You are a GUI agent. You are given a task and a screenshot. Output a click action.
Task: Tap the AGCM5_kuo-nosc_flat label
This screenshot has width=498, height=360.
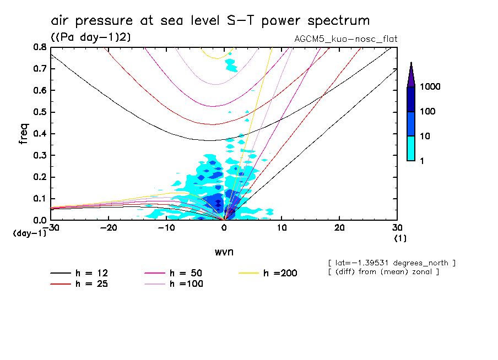tap(347, 39)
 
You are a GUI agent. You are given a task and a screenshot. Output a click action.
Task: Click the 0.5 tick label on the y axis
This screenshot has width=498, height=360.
tap(40, 112)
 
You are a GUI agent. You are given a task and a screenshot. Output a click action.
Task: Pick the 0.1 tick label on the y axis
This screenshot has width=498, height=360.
tap(40, 199)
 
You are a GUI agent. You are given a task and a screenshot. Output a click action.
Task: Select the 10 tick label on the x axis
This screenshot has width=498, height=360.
tap(282, 228)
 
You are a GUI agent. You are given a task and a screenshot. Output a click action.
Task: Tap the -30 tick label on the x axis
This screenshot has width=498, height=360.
tap(51, 228)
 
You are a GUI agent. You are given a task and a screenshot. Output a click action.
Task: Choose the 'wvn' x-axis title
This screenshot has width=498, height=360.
tap(224, 252)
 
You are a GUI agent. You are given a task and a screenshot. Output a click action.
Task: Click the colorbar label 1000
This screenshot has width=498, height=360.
tap(431, 88)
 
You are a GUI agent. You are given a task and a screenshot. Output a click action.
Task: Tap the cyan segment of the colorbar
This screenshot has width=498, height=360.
tap(411, 148)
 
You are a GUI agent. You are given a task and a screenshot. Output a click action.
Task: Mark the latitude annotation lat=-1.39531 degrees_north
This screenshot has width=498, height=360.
tap(392, 263)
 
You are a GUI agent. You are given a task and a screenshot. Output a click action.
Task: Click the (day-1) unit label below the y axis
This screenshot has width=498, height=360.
tap(29, 233)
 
